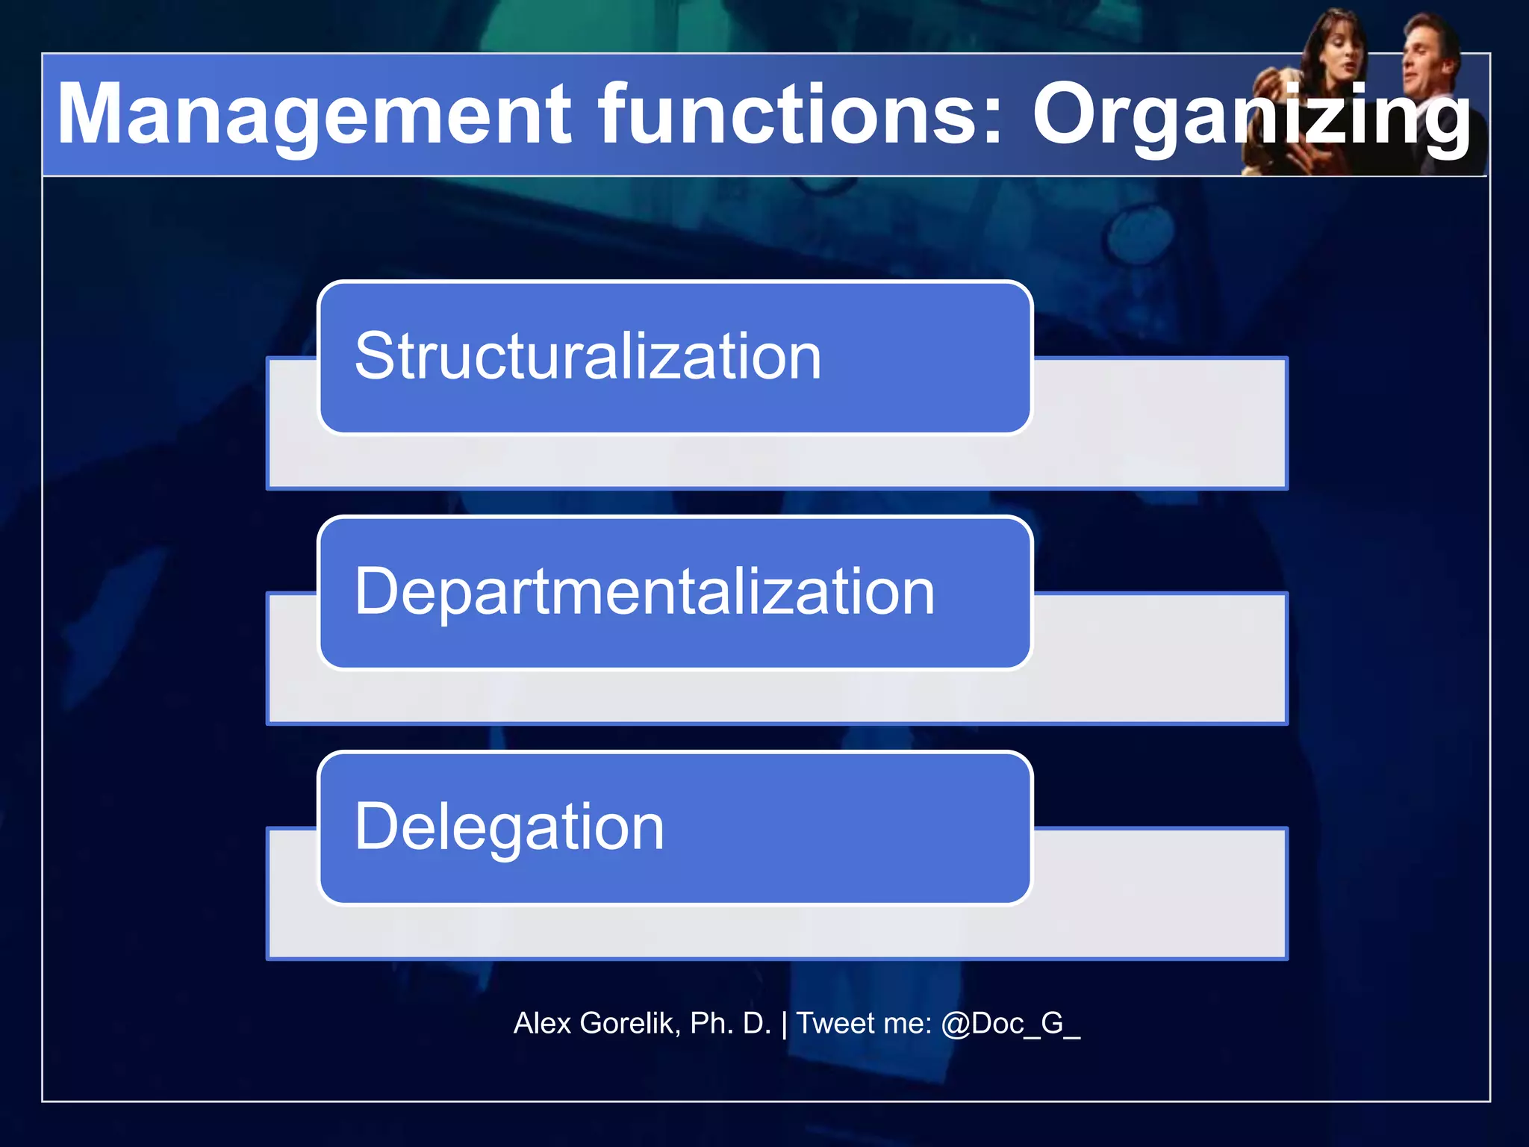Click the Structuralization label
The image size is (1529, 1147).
pos(588,357)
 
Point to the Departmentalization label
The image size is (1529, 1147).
pos(644,592)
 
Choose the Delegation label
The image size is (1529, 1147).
pos(509,827)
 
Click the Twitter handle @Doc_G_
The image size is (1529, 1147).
pos(1010,1024)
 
